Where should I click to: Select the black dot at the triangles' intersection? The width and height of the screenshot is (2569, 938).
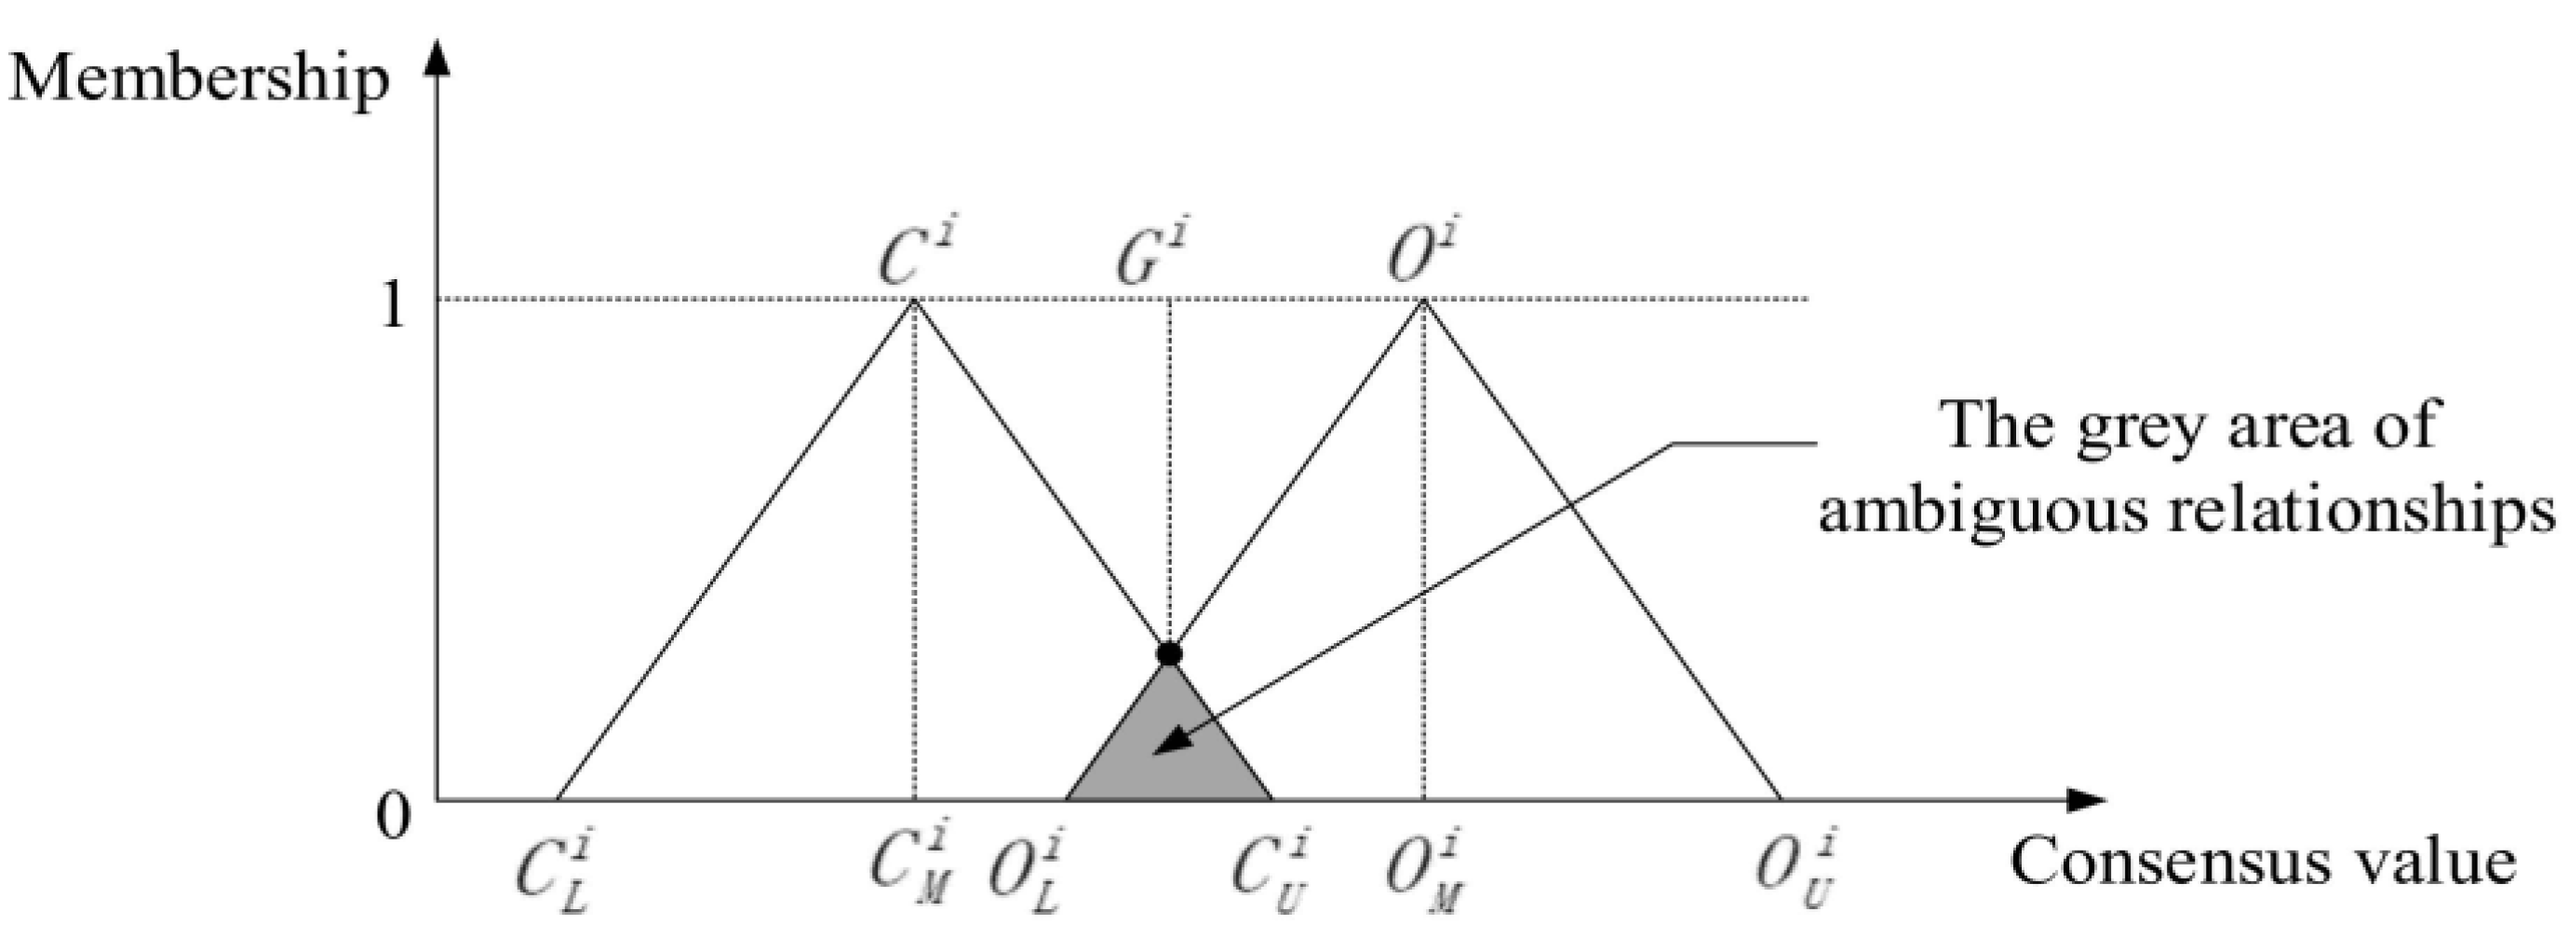pos(1169,654)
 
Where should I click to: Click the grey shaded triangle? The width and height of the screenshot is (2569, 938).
pos(1169,753)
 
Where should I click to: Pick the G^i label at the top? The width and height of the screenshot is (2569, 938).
pos(1152,254)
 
